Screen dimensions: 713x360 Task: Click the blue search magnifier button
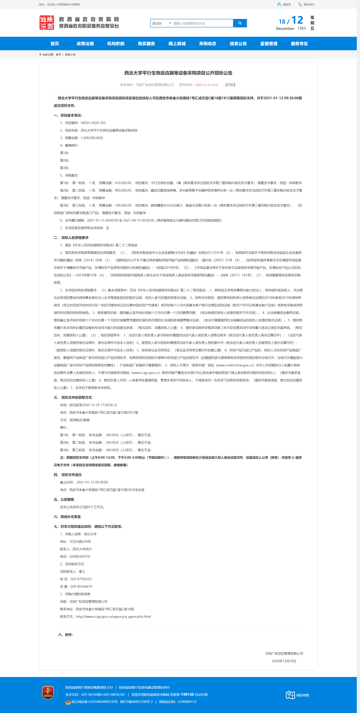240,23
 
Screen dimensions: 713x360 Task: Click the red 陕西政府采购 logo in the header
47,23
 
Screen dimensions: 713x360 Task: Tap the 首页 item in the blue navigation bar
55,44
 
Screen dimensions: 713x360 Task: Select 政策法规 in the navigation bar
85,44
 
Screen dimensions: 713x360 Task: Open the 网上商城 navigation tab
177,44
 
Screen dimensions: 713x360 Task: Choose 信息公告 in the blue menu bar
238,44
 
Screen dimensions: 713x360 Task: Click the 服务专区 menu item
299,44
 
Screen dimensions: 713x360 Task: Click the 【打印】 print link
230,85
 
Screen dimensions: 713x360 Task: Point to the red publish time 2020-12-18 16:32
206,85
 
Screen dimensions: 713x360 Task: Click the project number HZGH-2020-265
93,123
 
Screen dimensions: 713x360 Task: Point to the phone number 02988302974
79,556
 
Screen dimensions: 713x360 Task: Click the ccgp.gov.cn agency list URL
113,616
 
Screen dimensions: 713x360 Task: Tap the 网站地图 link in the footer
302,695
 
